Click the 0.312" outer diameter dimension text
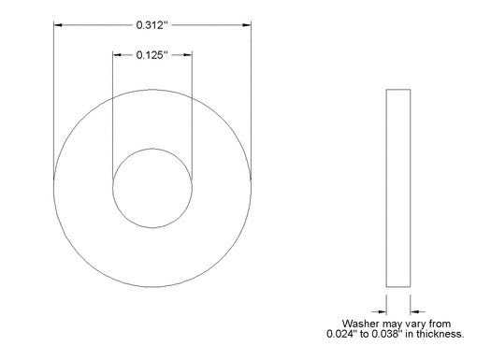point(150,25)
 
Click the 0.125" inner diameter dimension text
point(150,55)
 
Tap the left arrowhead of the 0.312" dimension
point(58,24)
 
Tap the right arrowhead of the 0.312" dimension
point(247,24)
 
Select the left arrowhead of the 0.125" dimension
point(117,55)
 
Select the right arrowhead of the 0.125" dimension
point(188,55)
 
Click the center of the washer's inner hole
point(152,188)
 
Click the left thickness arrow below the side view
point(379,311)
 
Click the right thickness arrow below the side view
point(417,311)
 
